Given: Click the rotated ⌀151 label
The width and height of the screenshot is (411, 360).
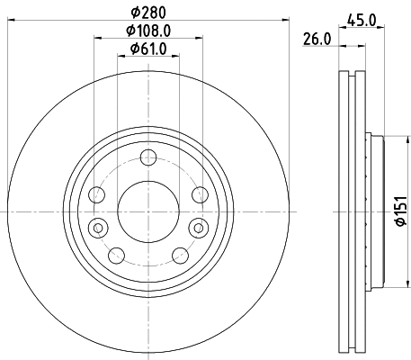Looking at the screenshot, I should pos(397,213).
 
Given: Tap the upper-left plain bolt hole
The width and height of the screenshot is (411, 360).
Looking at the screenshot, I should pos(98,193).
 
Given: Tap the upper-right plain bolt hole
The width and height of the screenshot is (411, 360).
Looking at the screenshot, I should pos(197,193).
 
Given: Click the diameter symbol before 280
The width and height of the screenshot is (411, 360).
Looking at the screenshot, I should pos(134,13).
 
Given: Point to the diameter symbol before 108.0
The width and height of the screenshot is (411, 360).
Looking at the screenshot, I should pos(129,31).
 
